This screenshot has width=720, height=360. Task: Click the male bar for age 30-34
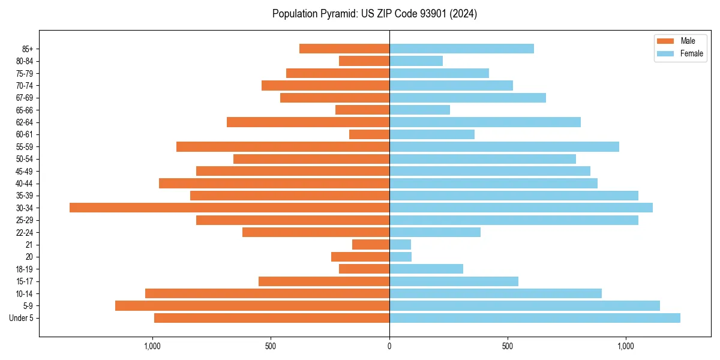click(229, 208)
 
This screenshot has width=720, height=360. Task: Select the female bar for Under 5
click(535, 318)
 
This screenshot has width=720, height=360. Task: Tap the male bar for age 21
click(371, 245)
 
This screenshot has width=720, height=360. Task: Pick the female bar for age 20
click(400, 257)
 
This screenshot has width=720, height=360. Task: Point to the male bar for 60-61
click(369, 134)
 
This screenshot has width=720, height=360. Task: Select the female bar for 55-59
click(504, 146)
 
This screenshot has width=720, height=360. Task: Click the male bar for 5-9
click(252, 306)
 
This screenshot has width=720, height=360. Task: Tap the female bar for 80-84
click(416, 61)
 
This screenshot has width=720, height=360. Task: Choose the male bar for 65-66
click(362, 110)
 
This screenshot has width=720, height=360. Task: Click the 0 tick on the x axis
click(389, 346)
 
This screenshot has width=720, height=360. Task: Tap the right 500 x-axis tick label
click(508, 346)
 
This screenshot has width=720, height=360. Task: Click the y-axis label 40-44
click(24, 184)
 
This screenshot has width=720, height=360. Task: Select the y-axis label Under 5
click(21, 318)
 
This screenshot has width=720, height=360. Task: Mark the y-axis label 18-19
click(24, 269)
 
